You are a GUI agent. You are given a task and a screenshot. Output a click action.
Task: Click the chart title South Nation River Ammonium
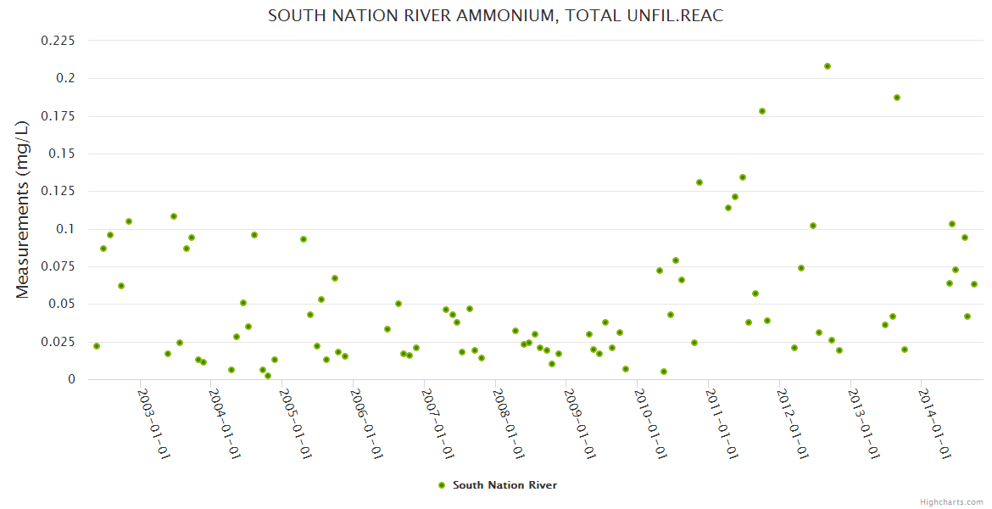point(495,15)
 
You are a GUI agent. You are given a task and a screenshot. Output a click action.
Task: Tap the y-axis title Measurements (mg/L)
point(23,209)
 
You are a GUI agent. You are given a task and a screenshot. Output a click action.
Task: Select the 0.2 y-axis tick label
point(65,78)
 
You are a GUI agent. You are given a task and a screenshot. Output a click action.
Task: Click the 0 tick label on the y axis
point(71,379)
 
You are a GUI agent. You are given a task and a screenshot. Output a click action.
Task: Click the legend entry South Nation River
point(504,485)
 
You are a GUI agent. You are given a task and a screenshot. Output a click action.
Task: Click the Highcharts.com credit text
point(951,501)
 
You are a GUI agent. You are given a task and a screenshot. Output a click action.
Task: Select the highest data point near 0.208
point(828,66)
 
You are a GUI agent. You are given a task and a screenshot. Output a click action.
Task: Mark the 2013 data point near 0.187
point(897,98)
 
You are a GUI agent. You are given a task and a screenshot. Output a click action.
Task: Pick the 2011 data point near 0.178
point(762,111)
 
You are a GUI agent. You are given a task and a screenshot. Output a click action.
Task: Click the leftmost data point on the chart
point(97,346)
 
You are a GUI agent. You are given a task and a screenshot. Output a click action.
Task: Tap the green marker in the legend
point(441,485)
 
